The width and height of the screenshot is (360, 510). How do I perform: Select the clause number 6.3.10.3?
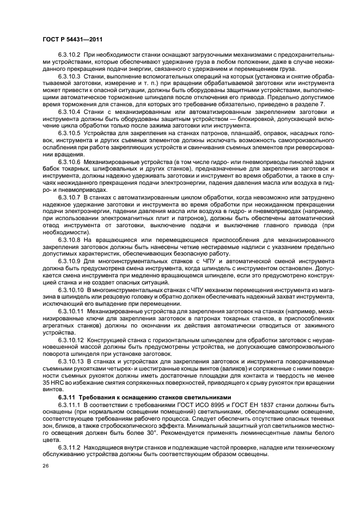(x=69, y=77)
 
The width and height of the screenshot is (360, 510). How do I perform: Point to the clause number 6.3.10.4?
(x=69, y=112)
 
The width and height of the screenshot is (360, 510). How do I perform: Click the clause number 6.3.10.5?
(x=69, y=133)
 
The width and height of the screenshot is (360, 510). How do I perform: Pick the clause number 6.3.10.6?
(x=69, y=161)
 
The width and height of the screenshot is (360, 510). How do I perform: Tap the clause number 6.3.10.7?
(x=69, y=196)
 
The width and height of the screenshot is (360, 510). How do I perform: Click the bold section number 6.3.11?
(x=67, y=396)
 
